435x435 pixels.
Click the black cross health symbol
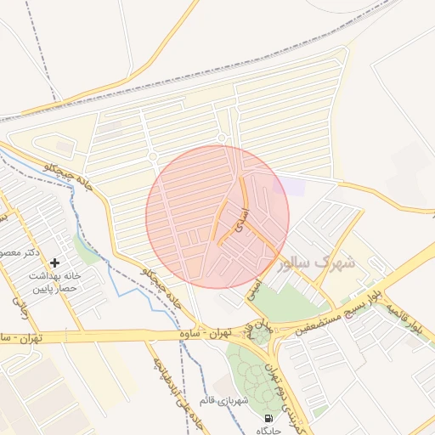click(x=55, y=263)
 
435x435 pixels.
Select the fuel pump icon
click(x=269, y=418)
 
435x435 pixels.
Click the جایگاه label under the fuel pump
click(x=268, y=431)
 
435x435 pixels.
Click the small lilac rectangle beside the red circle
click(x=292, y=186)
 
